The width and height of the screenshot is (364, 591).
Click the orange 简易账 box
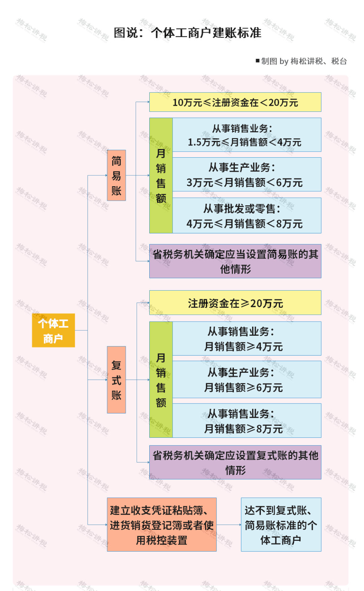pos(116,175)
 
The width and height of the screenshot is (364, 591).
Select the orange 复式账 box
pos(116,380)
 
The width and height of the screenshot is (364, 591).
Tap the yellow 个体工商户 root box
pos(53,330)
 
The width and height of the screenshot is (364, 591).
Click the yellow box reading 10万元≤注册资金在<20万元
pos(235,102)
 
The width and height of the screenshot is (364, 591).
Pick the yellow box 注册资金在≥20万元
pos(235,303)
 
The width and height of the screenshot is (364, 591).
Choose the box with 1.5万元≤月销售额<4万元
pos(247,135)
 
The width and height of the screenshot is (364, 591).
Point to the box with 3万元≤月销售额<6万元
pos(247,175)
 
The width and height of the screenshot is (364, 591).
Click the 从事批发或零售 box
pos(247,216)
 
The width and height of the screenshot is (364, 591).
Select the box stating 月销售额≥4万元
pos(247,339)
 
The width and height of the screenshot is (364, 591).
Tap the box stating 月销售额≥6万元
pos(247,380)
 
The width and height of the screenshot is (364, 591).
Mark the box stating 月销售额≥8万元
pos(247,421)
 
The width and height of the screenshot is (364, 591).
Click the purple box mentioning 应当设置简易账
pos(235,261)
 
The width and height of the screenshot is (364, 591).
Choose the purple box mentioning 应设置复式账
pos(235,462)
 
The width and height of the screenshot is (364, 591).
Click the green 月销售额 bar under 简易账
pos(161,175)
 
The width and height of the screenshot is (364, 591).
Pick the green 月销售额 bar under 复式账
pos(161,380)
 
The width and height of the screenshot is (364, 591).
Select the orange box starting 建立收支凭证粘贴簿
pos(162,525)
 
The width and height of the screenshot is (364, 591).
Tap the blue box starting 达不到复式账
pos(281,525)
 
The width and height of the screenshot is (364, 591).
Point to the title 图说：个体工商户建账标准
pos(187,33)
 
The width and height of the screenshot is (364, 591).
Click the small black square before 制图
pos(257,61)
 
